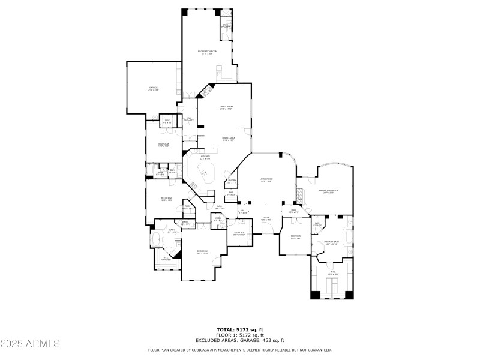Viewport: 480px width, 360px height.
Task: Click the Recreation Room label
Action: (x=208, y=52)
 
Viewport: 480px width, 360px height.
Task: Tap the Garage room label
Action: (x=154, y=89)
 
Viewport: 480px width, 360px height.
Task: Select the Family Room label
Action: (x=226, y=107)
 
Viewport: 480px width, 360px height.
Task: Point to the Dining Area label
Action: (x=228, y=139)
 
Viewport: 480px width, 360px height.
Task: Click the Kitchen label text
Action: (x=205, y=158)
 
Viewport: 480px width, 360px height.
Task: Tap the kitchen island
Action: (x=208, y=176)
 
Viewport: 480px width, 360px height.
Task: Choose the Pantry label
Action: (x=232, y=181)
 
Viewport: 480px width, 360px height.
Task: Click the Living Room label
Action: (x=266, y=180)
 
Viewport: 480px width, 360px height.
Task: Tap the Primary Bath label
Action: (x=332, y=243)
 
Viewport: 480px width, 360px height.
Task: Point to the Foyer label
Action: (x=266, y=219)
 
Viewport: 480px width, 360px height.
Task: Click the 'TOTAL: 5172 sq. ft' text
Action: (x=240, y=329)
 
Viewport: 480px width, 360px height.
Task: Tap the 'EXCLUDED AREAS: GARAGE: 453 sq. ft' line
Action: (x=240, y=340)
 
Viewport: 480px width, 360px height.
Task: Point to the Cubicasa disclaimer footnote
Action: (x=240, y=350)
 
